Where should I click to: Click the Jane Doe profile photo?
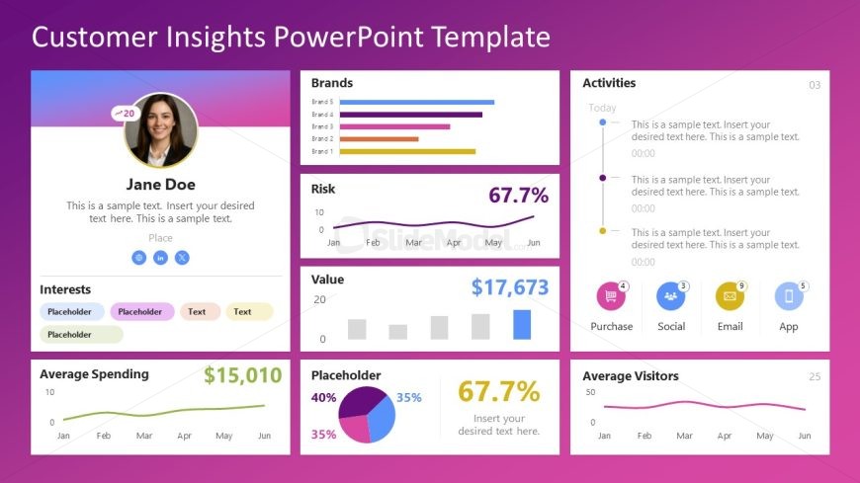[x=160, y=130]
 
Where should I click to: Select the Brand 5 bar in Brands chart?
[x=416, y=102]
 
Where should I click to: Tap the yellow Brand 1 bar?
[x=407, y=151]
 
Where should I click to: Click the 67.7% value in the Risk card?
[x=518, y=195]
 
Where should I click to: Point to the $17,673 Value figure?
[x=509, y=287]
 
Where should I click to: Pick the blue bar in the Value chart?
[x=522, y=325]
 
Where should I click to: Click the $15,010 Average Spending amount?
[x=242, y=375]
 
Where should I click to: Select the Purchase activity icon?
[x=611, y=296]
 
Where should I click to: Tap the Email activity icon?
[x=730, y=296]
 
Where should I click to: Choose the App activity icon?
[x=788, y=296]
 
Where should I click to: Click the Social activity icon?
[x=670, y=296]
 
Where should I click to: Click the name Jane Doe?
[x=160, y=184]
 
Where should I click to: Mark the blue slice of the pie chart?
[x=383, y=414]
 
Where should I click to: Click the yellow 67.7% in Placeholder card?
[x=498, y=391]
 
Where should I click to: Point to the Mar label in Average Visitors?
[x=684, y=436]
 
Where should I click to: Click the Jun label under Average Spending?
[x=264, y=436]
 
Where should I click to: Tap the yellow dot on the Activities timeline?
[x=602, y=230]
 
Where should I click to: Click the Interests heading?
[x=65, y=289]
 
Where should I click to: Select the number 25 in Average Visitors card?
[x=815, y=376]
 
